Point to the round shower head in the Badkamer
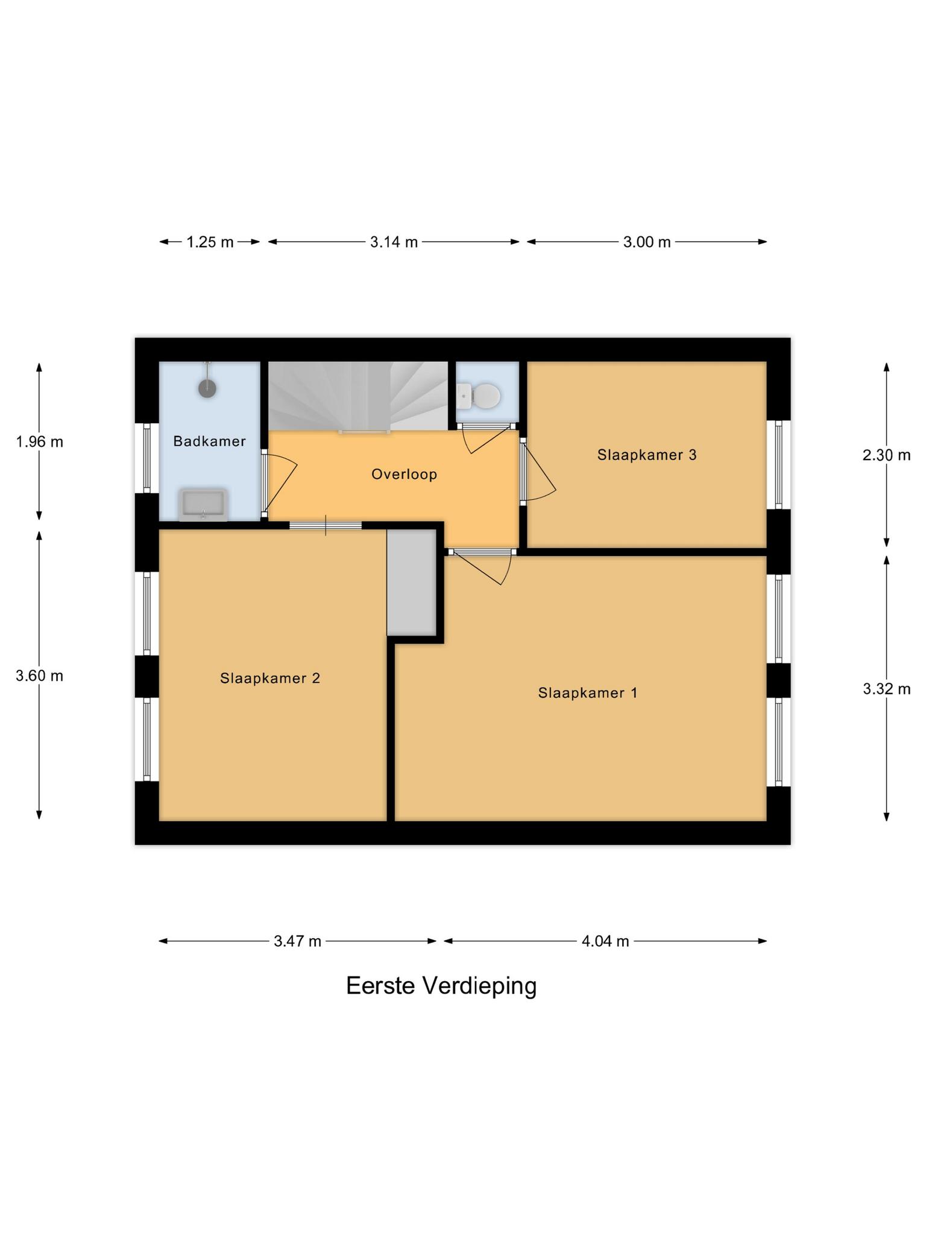(x=207, y=388)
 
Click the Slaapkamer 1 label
(x=588, y=693)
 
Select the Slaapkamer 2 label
(x=269, y=678)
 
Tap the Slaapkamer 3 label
(x=647, y=455)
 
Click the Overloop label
(x=404, y=474)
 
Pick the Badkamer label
(x=209, y=441)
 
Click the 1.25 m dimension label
(x=210, y=242)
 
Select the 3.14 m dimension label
(x=394, y=242)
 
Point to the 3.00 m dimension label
(x=647, y=242)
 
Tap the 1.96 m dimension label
(x=39, y=442)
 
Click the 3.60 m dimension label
(x=39, y=676)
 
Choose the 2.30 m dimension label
(x=886, y=455)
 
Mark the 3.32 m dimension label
(x=886, y=689)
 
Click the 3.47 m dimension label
(x=297, y=941)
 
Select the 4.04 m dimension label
(x=605, y=941)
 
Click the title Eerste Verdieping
(x=441, y=986)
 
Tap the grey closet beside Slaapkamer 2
(x=411, y=582)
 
